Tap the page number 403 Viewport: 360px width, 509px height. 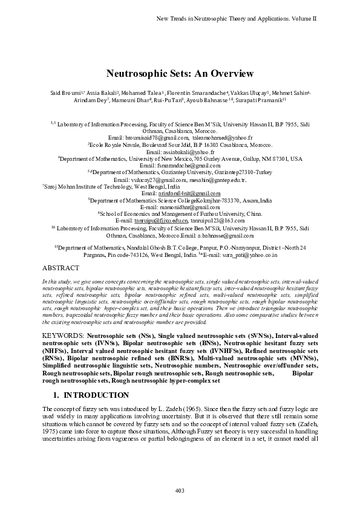point(180,489)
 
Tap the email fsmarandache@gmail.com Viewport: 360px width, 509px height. point(180,165)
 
